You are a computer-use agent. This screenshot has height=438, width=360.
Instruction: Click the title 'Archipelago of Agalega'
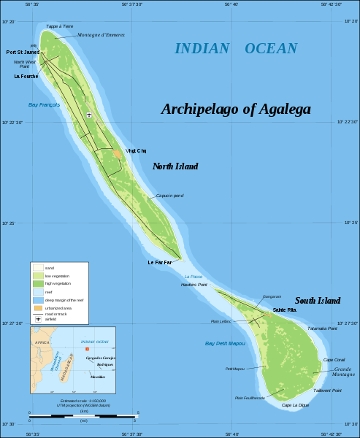236,109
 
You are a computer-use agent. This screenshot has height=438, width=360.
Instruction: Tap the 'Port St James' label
23,53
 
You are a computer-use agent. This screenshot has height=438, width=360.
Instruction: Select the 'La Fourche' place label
26,76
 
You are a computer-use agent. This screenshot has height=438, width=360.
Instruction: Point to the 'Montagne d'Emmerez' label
101,35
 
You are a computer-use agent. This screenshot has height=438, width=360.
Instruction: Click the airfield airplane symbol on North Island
89,115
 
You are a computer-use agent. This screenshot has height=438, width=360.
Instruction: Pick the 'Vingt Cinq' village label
136,150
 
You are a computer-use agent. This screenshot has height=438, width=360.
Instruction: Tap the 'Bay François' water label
44,104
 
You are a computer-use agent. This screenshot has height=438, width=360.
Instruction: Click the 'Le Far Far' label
160,262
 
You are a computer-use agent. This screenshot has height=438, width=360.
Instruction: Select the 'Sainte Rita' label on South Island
285,310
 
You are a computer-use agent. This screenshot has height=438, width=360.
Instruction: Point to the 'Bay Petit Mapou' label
225,343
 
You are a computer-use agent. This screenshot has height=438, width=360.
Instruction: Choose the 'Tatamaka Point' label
322,328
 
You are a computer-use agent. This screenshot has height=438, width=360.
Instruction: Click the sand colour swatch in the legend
37,268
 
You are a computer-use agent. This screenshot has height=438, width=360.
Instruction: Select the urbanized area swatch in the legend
37,308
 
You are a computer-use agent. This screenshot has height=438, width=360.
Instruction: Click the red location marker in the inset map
87,349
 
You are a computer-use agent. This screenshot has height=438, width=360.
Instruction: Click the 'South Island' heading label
318,301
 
